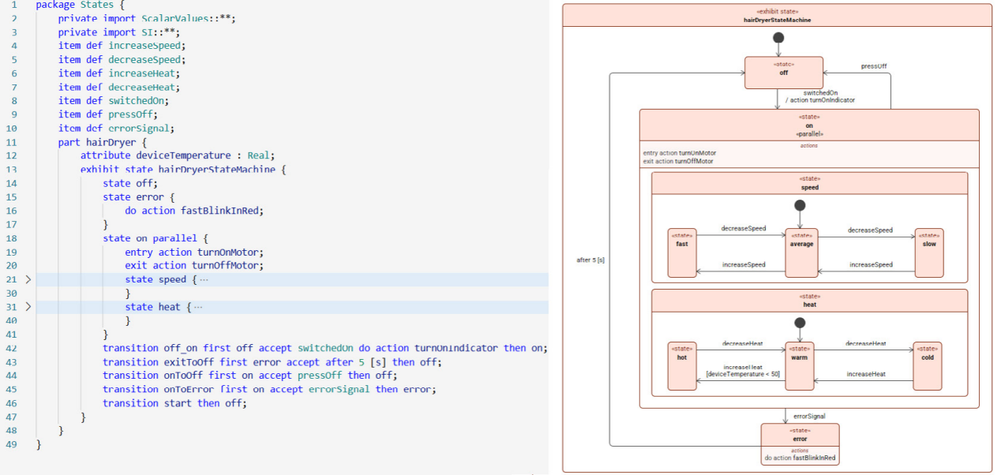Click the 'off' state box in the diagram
(x=783, y=73)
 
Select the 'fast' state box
(x=682, y=253)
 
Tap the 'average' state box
(x=802, y=253)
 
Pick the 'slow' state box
(x=929, y=253)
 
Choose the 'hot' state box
(x=682, y=366)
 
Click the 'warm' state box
(x=800, y=366)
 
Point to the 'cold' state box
(x=928, y=366)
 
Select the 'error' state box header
(x=800, y=435)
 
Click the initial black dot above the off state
(x=778, y=38)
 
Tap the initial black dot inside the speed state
(x=800, y=205)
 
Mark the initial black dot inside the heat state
(x=800, y=323)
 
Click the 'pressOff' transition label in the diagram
(x=874, y=66)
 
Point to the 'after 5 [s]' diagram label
(x=590, y=260)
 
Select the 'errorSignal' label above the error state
(x=809, y=416)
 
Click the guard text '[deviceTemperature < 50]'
(x=743, y=374)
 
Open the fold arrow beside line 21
(x=28, y=279)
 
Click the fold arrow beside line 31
(x=28, y=307)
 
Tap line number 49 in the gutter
(x=12, y=444)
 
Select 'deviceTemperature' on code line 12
(x=184, y=155)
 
